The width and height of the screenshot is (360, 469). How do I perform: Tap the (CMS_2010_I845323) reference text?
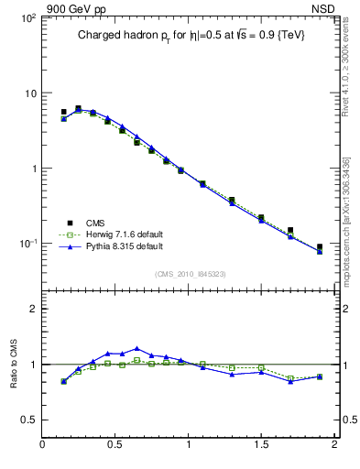click(190, 274)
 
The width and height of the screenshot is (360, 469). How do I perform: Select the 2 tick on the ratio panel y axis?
click(31, 309)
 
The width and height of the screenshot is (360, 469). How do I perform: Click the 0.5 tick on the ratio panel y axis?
click(27, 420)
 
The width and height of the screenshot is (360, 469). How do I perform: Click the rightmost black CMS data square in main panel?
click(320, 247)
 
